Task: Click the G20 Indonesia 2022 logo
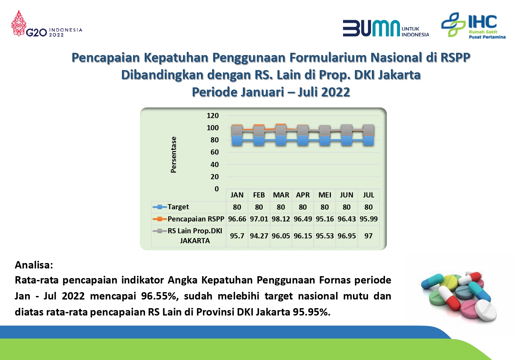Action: pyautogui.click(x=47, y=24)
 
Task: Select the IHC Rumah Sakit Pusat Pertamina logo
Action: pyautogui.click(x=473, y=25)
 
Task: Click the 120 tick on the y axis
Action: pyautogui.click(x=213, y=116)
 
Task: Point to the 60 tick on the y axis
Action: pyautogui.click(x=214, y=152)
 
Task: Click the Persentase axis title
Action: pyautogui.click(x=173, y=155)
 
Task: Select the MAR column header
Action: pyautogui.click(x=281, y=195)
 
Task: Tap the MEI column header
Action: pyautogui.click(x=324, y=195)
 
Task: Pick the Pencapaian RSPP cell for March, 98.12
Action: pyautogui.click(x=281, y=219)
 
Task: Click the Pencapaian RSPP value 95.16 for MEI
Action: pyautogui.click(x=324, y=219)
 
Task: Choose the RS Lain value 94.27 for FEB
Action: pyautogui.click(x=259, y=236)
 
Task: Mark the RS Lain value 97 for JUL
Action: pyautogui.click(x=368, y=236)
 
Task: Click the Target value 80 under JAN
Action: pyautogui.click(x=237, y=207)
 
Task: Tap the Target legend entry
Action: pyautogui.click(x=171, y=207)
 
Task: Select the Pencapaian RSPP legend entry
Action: pyautogui.click(x=188, y=219)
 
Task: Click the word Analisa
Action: pyautogui.click(x=34, y=265)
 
